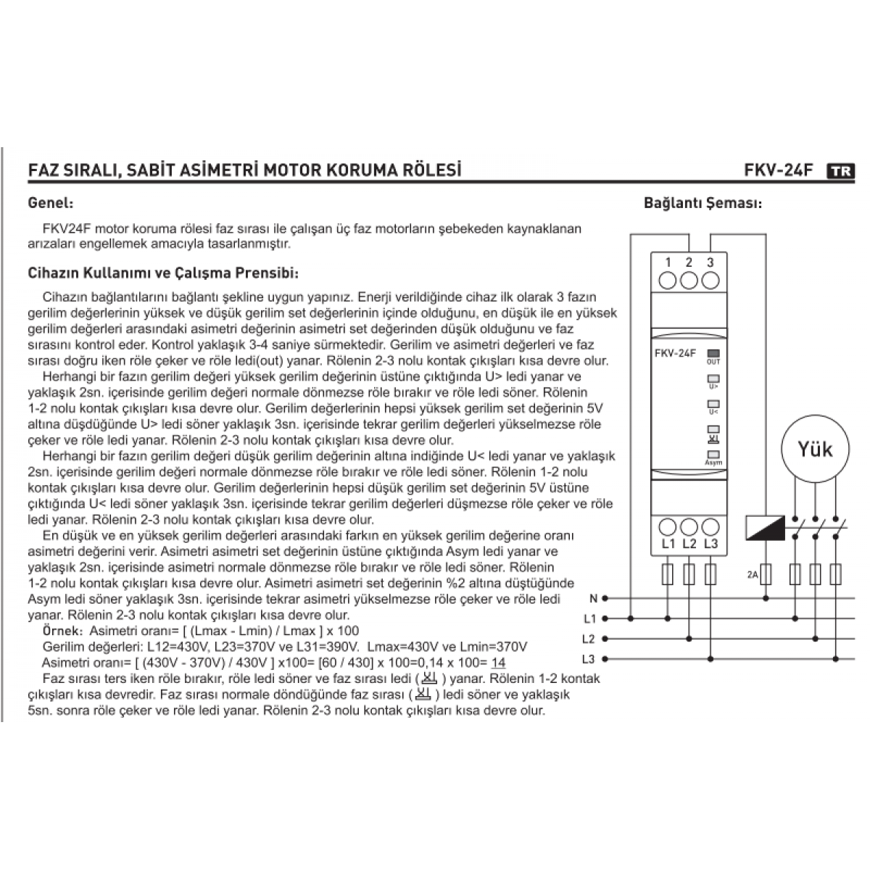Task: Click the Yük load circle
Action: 816,449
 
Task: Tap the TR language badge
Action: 840,172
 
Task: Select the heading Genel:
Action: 50,203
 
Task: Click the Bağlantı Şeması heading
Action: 703,203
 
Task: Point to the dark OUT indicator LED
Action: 713,355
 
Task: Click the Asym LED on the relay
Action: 713,455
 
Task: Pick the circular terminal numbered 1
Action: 668,279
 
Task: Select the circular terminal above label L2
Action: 689,526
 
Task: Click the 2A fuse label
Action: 753,575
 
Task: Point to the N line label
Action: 592,599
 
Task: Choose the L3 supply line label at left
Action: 589,659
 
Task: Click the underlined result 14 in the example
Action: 498,663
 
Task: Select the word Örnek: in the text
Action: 65,631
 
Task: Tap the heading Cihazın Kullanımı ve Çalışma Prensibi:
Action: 163,274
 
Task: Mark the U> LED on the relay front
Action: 713,378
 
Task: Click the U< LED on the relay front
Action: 713,404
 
